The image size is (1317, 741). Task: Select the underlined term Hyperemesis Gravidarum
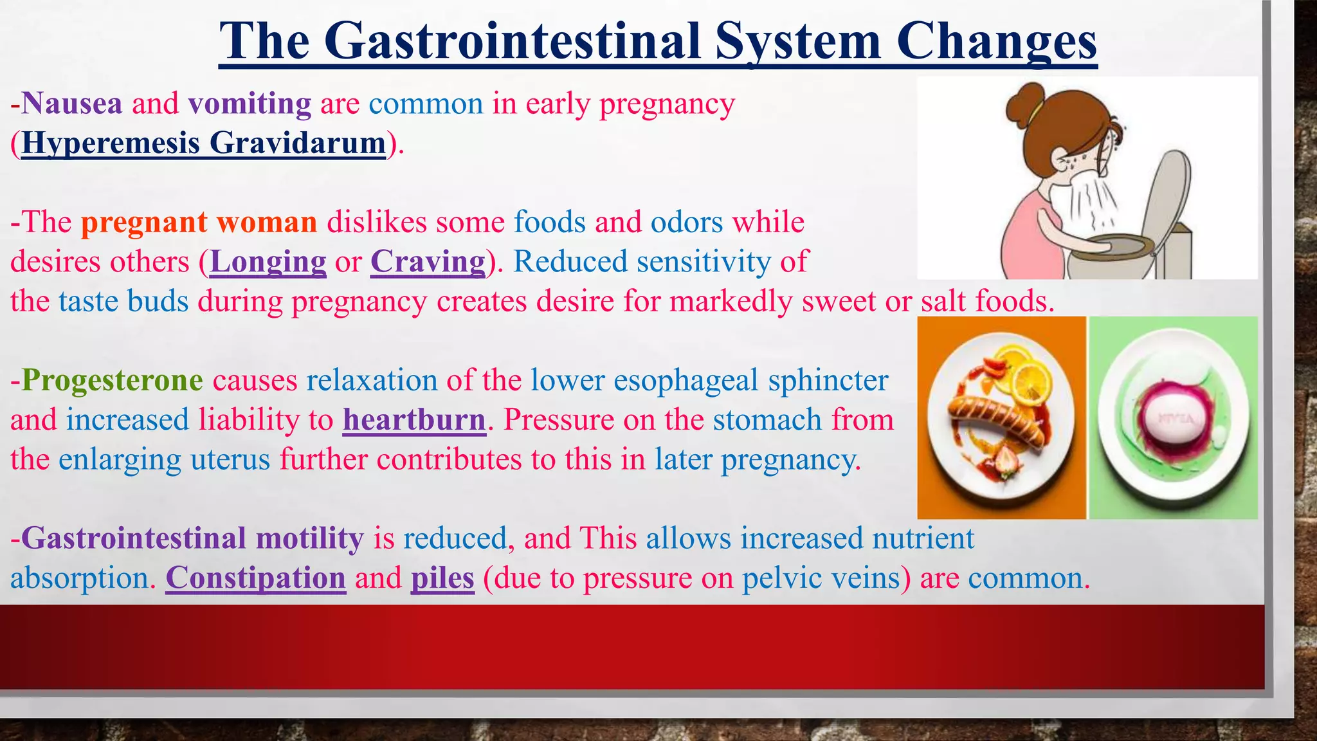[203, 143]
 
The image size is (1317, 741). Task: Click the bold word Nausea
[72, 104]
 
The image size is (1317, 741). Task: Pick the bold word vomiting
[250, 104]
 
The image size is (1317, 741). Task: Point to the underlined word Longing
[268, 262]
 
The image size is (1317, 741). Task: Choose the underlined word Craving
[428, 262]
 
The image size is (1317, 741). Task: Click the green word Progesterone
[113, 380]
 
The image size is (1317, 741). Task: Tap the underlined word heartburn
[414, 420]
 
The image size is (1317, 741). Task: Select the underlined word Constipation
[256, 578]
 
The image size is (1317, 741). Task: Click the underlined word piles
[442, 578]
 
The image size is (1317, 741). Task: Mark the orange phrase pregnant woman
[199, 223]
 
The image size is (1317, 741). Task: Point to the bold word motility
[309, 538]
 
